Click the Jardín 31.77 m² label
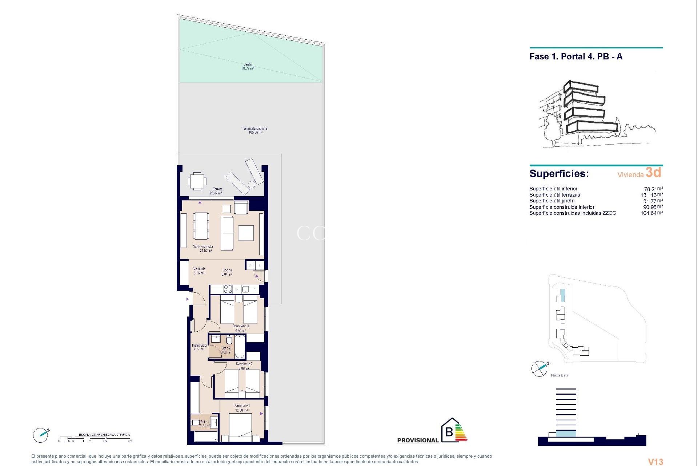248,66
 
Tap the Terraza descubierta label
255,130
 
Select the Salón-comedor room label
203,249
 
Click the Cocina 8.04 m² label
227,272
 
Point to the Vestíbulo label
199,271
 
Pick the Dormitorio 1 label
241,408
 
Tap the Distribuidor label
199,347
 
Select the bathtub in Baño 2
240,347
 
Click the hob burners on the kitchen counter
228,289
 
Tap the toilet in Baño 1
195,423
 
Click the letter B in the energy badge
449,432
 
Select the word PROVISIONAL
418,440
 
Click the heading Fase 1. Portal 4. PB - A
576,57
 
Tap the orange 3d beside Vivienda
653,172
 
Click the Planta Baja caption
559,375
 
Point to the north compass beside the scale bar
41,435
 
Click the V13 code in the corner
655,462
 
